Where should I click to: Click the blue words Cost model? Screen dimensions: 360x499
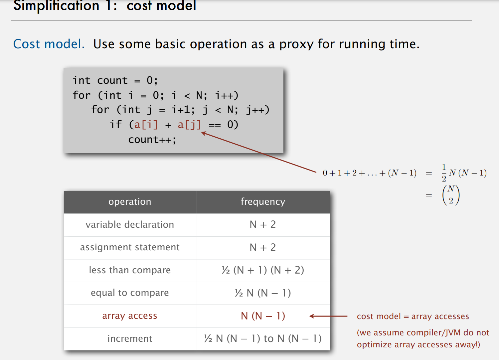click(49, 44)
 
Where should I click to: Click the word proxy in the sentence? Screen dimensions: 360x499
click(296, 44)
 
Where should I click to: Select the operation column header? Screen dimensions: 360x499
click(130, 202)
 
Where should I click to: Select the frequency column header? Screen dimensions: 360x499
click(263, 202)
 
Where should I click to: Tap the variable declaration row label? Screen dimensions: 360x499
click(130, 225)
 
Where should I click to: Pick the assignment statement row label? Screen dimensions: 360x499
click(130, 247)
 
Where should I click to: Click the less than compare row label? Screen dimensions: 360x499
click(130, 270)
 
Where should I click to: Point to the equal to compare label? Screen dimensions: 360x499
click(130, 293)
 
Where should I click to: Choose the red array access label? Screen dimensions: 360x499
click(130, 316)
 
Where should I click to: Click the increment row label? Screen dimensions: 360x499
click(130, 339)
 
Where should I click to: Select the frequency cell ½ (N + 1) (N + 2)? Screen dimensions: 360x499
click(263, 270)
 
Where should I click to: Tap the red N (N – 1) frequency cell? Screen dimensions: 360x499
click(263, 316)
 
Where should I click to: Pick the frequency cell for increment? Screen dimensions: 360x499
click(263, 339)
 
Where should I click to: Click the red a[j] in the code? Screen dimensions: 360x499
click(189, 125)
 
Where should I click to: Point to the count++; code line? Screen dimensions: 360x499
click(152, 140)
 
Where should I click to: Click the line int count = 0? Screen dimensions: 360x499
click(115, 80)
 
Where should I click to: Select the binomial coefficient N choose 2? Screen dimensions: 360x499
click(451, 195)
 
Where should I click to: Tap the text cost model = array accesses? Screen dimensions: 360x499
click(413, 316)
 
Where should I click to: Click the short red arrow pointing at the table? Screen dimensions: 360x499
click(328, 316)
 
